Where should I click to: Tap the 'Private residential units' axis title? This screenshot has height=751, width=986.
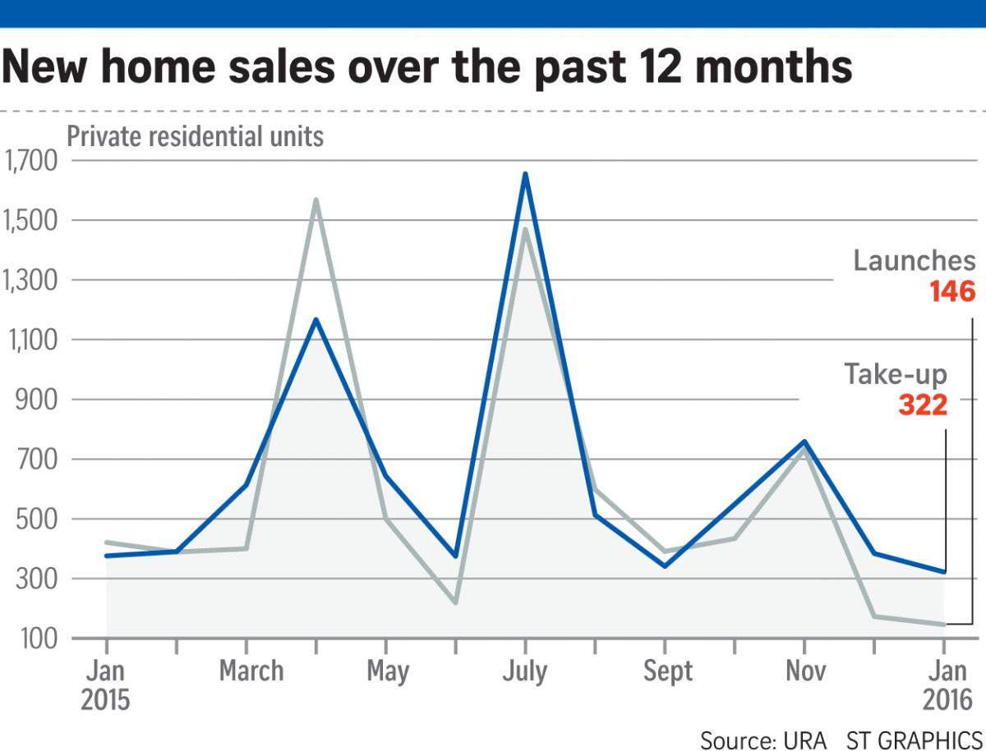tap(196, 135)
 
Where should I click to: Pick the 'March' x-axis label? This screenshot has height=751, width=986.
tap(251, 671)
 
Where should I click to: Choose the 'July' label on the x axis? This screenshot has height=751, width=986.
tap(524, 671)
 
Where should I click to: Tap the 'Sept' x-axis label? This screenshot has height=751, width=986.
tap(668, 671)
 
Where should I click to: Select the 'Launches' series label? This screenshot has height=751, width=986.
tap(915, 261)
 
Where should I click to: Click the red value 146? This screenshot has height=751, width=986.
tap(952, 291)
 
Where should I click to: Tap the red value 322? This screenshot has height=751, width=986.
tap(922, 405)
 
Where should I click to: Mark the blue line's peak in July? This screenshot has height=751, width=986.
tap(525, 174)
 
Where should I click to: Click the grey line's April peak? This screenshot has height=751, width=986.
tap(316, 199)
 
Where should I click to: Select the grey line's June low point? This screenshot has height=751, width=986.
tap(455, 603)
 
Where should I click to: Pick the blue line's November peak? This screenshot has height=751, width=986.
tap(804, 442)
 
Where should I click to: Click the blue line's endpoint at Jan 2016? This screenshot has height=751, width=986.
tap(944, 572)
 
